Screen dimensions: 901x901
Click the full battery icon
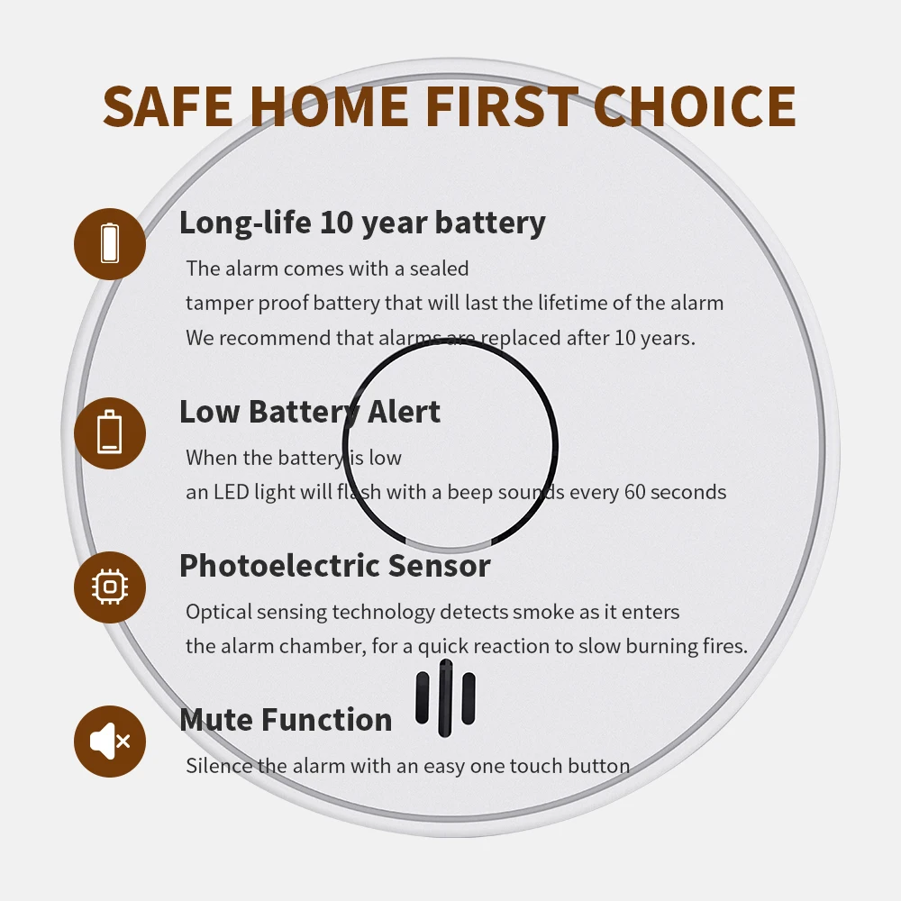click(110, 243)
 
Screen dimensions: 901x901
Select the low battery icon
click(110, 433)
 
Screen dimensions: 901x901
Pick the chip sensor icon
click(110, 587)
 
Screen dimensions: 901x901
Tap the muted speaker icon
click(110, 742)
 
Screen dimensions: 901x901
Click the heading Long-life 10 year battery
click(362, 222)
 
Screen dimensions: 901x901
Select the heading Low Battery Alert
click(310, 412)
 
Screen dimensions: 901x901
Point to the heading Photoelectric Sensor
click(334, 566)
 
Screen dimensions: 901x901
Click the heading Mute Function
click(286, 720)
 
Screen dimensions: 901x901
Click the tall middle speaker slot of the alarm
click(445, 698)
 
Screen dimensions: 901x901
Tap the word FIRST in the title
click(501, 105)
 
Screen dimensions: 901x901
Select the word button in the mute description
click(598, 767)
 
